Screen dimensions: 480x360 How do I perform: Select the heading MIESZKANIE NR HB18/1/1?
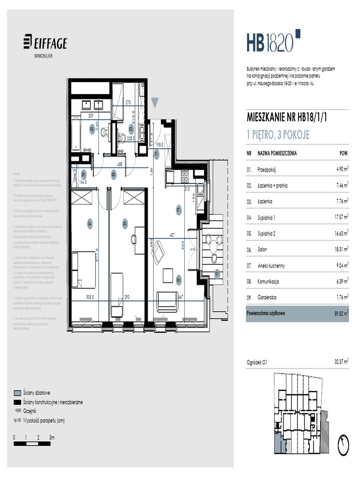pos(286,118)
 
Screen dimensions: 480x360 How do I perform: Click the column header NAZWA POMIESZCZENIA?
pos(277,153)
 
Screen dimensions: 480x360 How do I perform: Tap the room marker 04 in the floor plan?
pos(89,224)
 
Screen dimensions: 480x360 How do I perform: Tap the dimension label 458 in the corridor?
pos(120,165)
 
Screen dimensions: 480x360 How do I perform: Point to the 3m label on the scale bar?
pos(52,437)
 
